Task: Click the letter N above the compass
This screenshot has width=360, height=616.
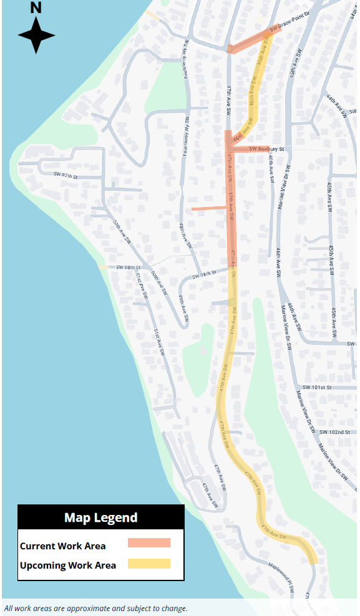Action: point(36,7)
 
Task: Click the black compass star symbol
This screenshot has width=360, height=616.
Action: point(36,35)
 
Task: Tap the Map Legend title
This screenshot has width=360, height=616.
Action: point(100,517)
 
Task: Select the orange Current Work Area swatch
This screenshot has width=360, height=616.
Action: point(148,543)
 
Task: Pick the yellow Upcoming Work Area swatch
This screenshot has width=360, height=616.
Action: point(148,564)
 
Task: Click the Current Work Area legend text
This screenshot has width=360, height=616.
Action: point(63,546)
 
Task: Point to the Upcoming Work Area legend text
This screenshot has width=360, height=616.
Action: point(68,565)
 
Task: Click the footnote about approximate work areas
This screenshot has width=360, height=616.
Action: point(95,609)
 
